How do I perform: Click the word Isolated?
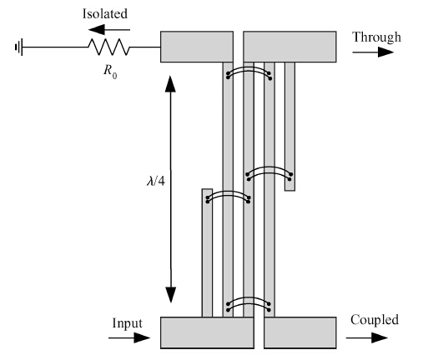(x=105, y=13)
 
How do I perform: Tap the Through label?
(x=377, y=37)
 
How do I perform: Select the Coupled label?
(x=375, y=320)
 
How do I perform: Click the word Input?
(x=128, y=323)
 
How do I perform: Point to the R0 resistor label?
(x=110, y=71)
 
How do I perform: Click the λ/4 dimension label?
(x=156, y=181)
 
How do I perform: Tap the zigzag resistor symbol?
(x=109, y=47)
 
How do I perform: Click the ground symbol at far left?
(x=18, y=47)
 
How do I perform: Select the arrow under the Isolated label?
(x=109, y=29)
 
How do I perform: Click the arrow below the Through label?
(x=373, y=52)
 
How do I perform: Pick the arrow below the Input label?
(x=129, y=337)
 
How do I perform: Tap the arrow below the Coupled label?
(x=367, y=337)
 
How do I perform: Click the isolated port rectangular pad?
(x=197, y=47)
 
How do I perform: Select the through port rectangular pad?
(x=290, y=47)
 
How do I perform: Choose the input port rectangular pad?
(x=207, y=332)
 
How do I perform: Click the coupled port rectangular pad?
(x=300, y=332)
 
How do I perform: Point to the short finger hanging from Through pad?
(x=290, y=127)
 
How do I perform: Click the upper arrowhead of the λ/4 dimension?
(x=170, y=83)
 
